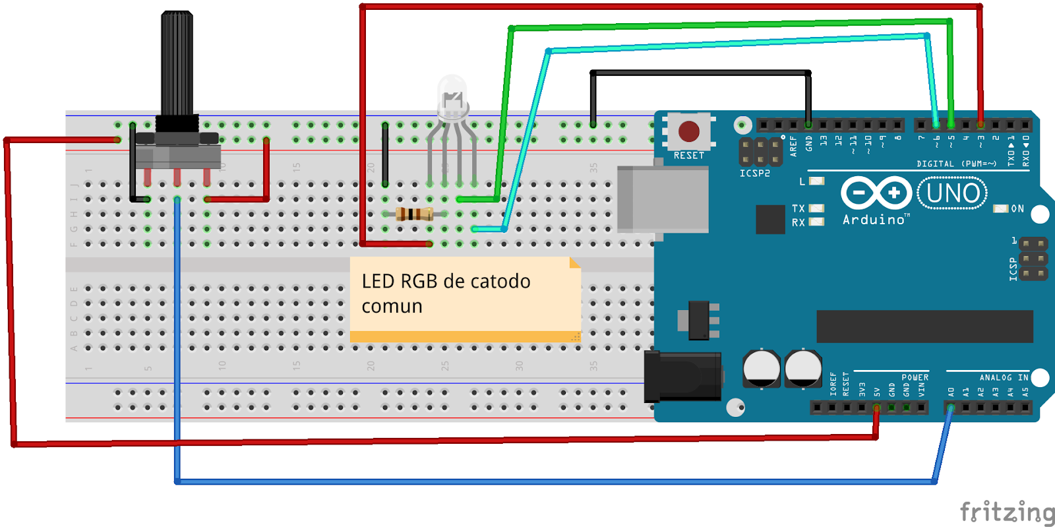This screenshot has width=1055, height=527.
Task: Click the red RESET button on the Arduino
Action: (x=688, y=131)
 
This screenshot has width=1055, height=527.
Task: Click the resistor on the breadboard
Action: (x=414, y=214)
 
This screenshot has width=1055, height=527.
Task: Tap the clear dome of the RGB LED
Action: (x=452, y=92)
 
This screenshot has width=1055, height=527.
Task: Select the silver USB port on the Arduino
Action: (x=662, y=199)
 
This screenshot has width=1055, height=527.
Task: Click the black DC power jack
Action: (x=682, y=377)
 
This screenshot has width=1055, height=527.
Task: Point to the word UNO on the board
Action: (x=952, y=193)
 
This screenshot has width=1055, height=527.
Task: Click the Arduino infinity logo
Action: (x=876, y=193)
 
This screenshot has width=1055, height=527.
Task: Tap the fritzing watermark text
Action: (x=1006, y=512)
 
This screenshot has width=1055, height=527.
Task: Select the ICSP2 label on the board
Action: (x=754, y=173)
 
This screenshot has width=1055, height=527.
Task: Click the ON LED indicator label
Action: (x=1017, y=208)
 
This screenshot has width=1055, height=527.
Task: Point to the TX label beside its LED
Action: (x=798, y=208)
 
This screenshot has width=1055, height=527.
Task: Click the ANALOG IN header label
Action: (x=1004, y=378)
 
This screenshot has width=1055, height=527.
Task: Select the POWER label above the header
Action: (x=915, y=378)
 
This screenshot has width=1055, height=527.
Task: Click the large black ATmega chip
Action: (x=924, y=326)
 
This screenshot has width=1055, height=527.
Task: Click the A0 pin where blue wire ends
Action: (x=950, y=408)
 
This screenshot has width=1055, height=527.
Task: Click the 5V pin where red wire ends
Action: (x=876, y=408)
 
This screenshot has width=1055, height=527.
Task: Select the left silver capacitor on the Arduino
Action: (x=762, y=368)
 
